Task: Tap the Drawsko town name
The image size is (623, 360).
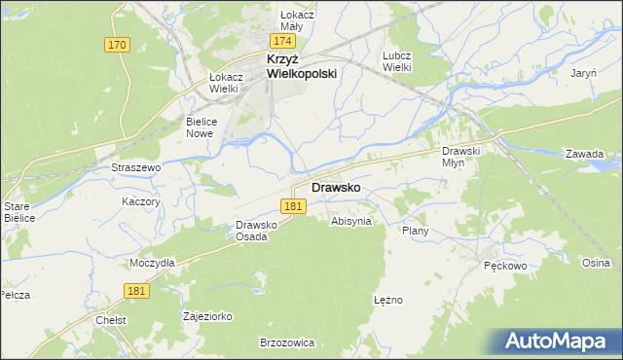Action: coord(337,187)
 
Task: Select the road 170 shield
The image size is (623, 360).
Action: coord(117,46)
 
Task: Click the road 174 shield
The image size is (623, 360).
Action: coord(283,42)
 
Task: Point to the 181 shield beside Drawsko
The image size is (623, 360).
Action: coord(295,206)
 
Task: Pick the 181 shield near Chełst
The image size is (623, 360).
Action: coord(137,290)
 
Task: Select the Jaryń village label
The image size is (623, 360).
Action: coord(583,74)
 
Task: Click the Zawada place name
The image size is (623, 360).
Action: coord(585,154)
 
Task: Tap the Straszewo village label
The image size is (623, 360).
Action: coord(135,167)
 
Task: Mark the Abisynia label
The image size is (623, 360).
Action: coord(351,221)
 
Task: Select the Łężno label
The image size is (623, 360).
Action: coord(387,300)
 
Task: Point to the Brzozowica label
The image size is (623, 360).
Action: coord(286,342)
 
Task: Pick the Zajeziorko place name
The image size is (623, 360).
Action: coord(207,316)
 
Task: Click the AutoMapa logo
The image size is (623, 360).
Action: coord(556,341)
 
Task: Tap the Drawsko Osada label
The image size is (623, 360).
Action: coord(258,231)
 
